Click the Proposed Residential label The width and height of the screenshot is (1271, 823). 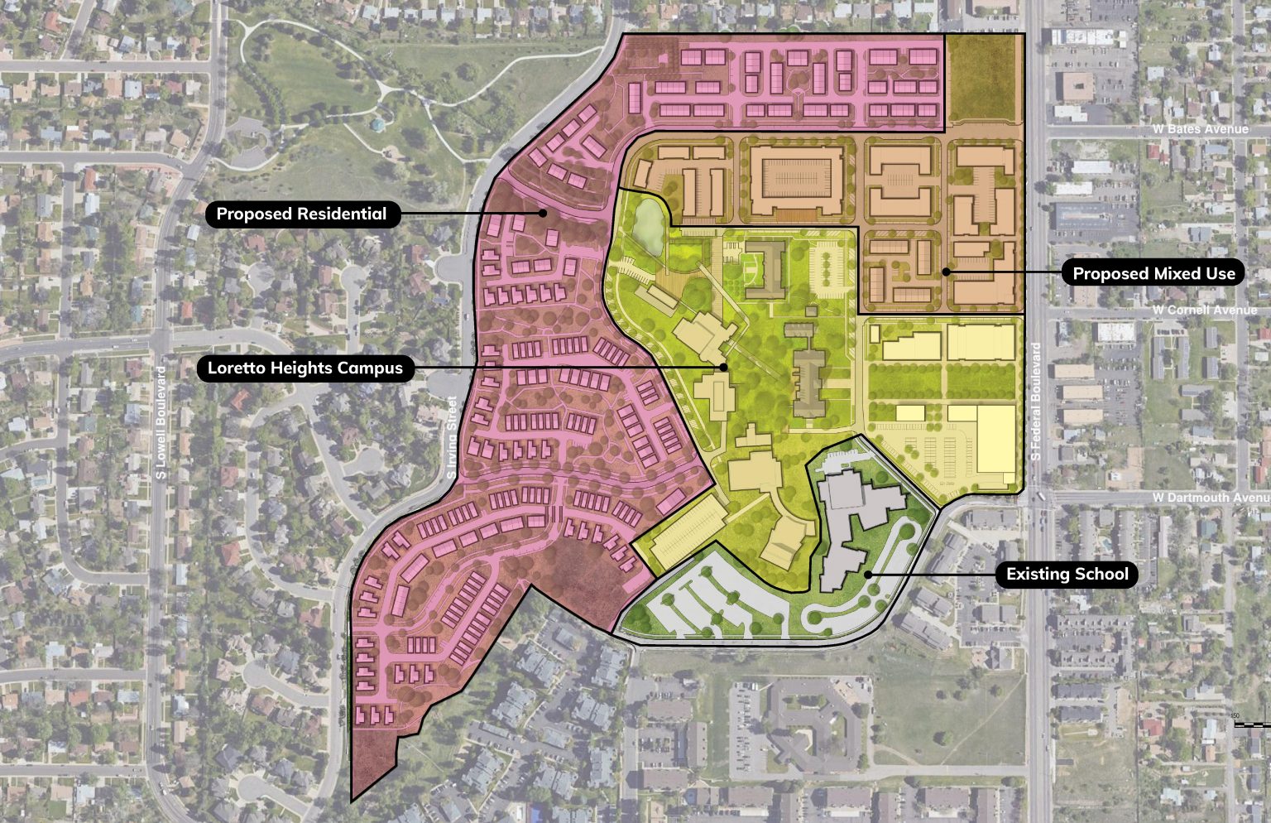pos(301,214)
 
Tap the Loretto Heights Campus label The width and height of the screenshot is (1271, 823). pos(305,368)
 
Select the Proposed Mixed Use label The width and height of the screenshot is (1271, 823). pos(1153,274)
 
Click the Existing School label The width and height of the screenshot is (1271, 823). pos(1067,575)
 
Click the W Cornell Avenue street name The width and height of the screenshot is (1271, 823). pos(1204,310)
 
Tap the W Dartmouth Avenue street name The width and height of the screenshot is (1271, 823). pos(1211,498)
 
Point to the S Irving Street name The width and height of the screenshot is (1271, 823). pos(452,437)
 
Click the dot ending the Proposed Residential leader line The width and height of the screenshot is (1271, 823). pos(544,213)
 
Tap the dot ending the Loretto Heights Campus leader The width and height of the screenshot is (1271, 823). pos(723,367)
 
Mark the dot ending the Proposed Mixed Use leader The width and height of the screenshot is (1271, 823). pos(947,272)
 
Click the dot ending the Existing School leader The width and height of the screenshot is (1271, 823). pos(868,574)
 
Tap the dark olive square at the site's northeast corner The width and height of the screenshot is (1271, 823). pos(982,79)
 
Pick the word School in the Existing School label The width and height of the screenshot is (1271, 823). pos(1099,575)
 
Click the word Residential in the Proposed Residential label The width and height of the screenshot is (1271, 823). pos(343,214)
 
